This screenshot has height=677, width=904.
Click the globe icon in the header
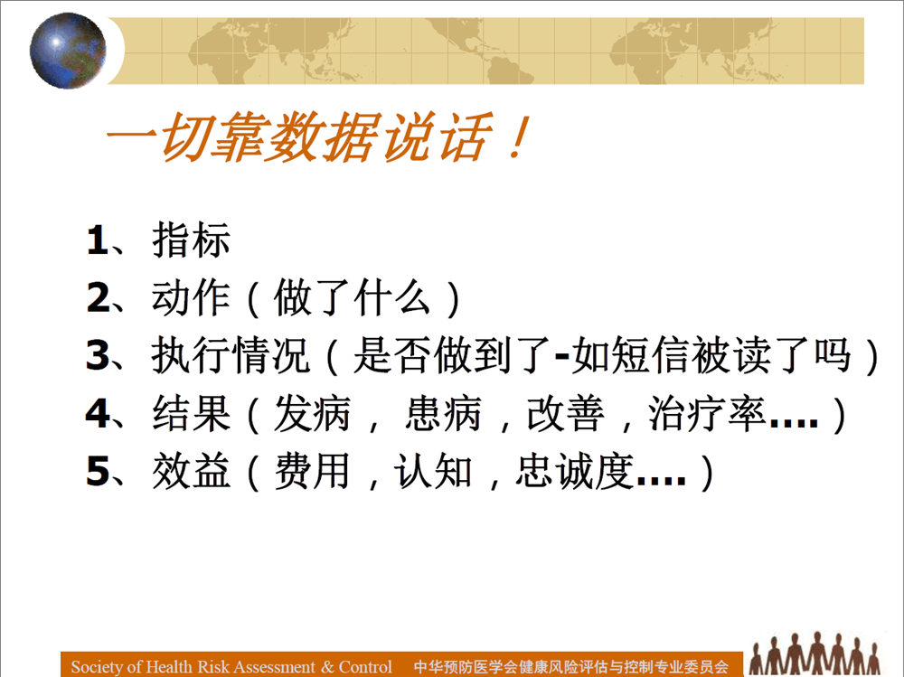(x=68, y=51)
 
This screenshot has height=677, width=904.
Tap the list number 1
(x=97, y=240)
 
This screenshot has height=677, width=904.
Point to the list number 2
(x=98, y=297)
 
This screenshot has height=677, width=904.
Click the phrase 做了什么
(x=353, y=297)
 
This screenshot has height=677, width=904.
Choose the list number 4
(x=98, y=413)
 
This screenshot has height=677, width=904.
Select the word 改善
(x=566, y=413)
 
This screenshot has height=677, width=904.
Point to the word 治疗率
(x=708, y=413)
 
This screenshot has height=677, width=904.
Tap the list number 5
(x=98, y=471)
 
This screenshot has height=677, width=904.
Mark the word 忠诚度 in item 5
(x=575, y=471)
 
